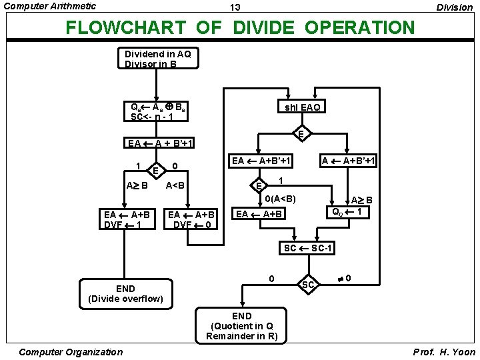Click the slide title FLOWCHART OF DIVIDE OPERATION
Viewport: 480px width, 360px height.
[x=239, y=28]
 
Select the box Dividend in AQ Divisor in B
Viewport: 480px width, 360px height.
[x=157, y=59]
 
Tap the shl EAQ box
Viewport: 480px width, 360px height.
[x=302, y=107]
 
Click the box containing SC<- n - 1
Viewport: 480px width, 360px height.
[x=157, y=111]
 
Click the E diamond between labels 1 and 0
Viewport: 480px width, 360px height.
[x=155, y=171]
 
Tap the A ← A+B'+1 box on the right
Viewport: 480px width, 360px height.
[x=348, y=161]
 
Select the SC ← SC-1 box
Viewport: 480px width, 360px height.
[x=308, y=248]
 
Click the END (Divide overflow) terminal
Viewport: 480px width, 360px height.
[x=125, y=293]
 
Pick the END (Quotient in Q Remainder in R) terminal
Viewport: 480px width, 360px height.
[x=241, y=326]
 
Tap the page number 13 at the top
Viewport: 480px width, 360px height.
[x=235, y=8]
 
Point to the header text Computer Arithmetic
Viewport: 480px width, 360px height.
[x=50, y=6]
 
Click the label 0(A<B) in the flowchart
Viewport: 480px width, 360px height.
[x=280, y=199]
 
